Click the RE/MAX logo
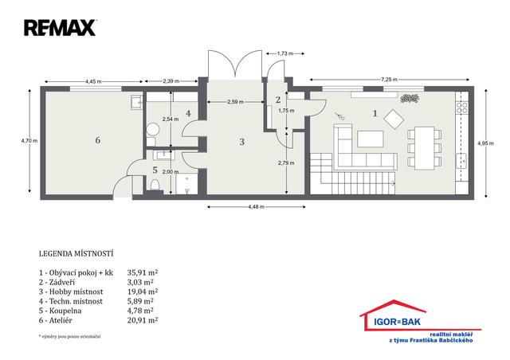61,28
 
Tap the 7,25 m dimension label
389,80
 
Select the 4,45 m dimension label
93,81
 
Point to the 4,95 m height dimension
485,143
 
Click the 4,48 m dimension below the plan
257,206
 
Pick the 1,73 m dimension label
285,53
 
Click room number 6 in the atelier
97,140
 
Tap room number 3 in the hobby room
241,142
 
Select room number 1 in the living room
375,113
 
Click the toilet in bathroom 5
155,185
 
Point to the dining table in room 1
425,148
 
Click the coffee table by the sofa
371,139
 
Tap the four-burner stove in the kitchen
462,108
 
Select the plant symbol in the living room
410,98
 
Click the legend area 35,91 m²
143,272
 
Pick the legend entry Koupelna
61,311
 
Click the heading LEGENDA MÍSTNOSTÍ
76,253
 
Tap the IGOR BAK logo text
397,322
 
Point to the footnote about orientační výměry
69,337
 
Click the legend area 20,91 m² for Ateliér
143,320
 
